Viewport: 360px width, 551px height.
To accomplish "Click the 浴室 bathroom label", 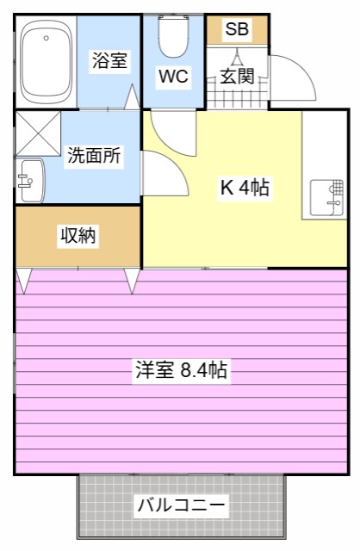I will click(x=109, y=61).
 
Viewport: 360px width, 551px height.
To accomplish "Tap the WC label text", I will click(x=172, y=76).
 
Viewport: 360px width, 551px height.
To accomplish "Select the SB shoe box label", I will click(x=237, y=29).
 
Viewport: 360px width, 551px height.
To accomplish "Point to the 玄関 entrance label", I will click(x=236, y=76).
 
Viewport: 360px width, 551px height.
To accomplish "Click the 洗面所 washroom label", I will click(x=94, y=156).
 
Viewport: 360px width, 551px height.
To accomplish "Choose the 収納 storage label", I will click(x=78, y=235).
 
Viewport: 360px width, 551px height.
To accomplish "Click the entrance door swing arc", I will click(x=293, y=77).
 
